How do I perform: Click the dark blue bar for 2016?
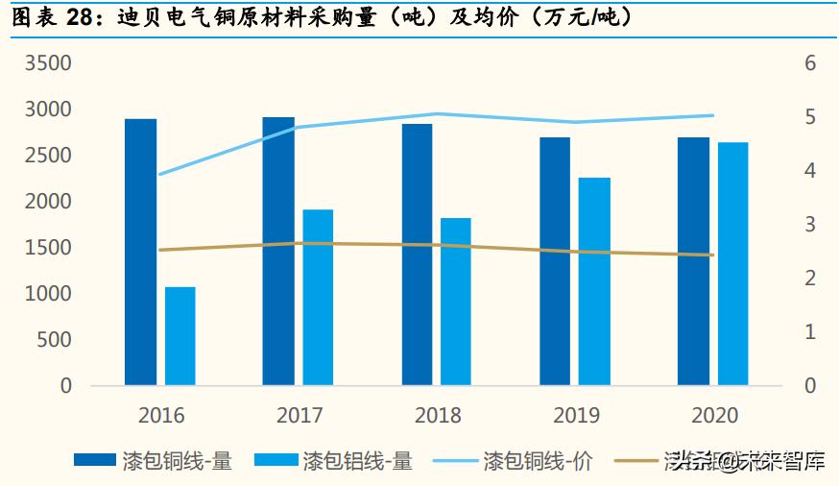(140, 252)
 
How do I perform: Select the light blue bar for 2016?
(180, 336)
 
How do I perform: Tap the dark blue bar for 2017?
(278, 251)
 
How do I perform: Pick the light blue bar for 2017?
(319, 297)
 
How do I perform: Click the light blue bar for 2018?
(456, 302)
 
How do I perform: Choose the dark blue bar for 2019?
(555, 261)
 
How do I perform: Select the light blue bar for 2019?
(595, 281)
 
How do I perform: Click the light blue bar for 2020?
(732, 263)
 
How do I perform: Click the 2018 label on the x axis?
(438, 415)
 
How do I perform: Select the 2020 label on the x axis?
(714, 415)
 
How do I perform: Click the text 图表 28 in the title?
(48, 17)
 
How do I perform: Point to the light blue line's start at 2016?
(159, 174)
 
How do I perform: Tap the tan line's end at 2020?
(712, 255)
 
